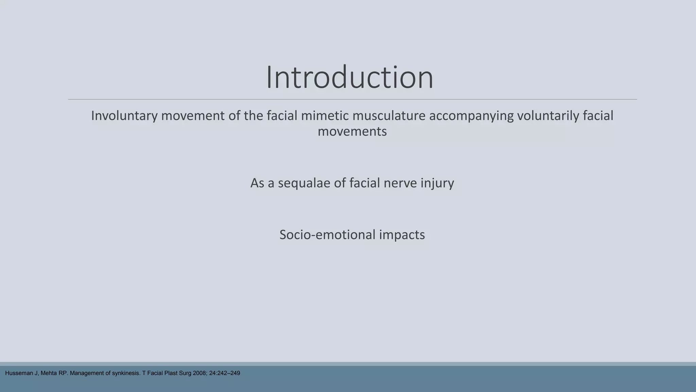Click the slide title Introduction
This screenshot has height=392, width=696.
click(x=349, y=78)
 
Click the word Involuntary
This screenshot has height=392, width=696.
click(x=124, y=116)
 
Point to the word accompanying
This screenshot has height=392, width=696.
click(x=471, y=116)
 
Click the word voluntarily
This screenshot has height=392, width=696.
click(x=548, y=116)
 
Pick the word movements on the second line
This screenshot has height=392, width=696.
click(x=352, y=131)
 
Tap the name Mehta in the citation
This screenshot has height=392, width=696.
click(x=49, y=373)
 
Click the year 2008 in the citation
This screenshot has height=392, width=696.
click(x=199, y=373)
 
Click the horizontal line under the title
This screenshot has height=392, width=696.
click(x=352, y=99)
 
